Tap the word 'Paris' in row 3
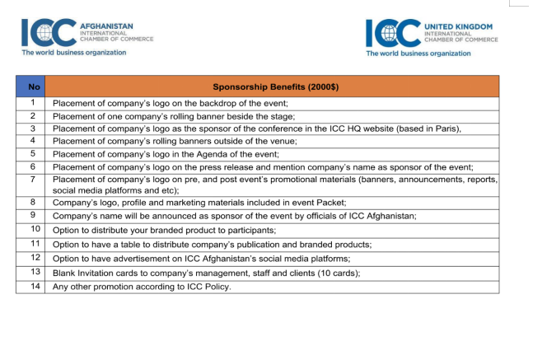point(446,129)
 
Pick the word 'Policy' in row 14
point(214,287)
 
